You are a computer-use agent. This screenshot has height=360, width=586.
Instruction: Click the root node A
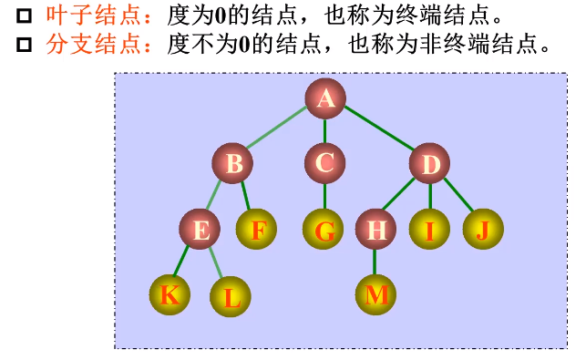click(x=325, y=99)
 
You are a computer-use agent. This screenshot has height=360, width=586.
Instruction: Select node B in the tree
click(x=233, y=164)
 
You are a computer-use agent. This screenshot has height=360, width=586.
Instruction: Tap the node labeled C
click(x=325, y=164)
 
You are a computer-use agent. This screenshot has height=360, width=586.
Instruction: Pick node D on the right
click(x=430, y=164)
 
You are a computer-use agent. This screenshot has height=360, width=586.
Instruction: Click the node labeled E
click(x=200, y=230)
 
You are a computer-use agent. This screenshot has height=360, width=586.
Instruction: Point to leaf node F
click(x=257, y=230)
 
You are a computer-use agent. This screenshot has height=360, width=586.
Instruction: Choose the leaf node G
click(x=324, y=230)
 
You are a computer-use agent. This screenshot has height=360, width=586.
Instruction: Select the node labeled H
click(x=375, y=230)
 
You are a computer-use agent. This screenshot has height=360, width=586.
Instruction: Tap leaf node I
click(x=430, y=230)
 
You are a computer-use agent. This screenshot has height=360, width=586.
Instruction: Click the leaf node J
click(x=483, y=229)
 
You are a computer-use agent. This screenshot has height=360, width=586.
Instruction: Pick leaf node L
click(x=231, y=296)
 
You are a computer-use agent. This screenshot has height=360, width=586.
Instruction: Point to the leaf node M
click(x=376, y=294)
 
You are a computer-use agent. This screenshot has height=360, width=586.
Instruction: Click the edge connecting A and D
click(x=378, y=132)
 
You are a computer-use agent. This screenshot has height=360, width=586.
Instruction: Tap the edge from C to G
click(x=324, y=197)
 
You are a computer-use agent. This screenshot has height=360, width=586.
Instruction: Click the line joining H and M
click(x=375, y=262)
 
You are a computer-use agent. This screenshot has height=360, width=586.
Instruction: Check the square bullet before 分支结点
click(x=25, y=43)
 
